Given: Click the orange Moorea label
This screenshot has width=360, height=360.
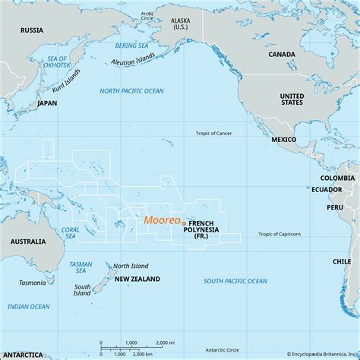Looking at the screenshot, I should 162,220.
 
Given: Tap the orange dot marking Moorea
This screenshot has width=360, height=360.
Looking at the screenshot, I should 184,221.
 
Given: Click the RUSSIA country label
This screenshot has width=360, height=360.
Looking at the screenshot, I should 32,31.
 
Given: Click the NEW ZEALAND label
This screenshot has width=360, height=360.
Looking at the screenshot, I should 137,279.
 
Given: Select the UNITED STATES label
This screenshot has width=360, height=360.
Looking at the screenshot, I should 292,101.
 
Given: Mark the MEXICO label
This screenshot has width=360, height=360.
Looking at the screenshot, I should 284,141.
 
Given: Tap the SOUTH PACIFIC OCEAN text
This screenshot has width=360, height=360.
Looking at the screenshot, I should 235,281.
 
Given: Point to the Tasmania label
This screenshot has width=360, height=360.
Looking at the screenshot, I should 32,283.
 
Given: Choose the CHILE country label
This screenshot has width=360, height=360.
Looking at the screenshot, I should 341,261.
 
